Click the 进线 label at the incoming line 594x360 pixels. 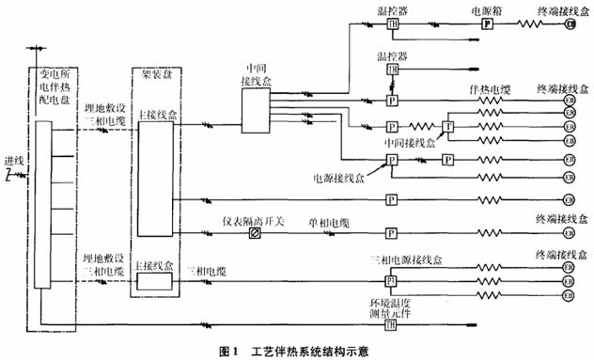tap(14, 163)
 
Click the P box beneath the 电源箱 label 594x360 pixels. tap(487, 25)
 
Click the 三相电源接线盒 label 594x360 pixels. tap(405, 258)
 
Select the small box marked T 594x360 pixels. tap(447, 127)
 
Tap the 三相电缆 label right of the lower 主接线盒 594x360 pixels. tap(207, 270)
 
